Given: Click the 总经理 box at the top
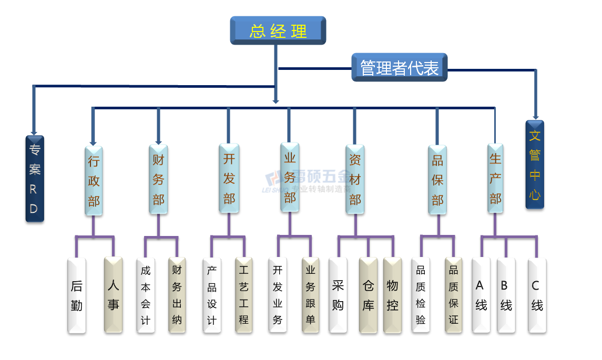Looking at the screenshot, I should coord(278,30).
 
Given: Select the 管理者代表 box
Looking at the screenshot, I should coord(399,67).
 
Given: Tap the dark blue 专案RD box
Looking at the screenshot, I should coord(35,179).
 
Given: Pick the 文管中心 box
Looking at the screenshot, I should coord(535,164).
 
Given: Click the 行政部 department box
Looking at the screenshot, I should coord(94,180).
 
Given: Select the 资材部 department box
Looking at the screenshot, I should coord(355,179).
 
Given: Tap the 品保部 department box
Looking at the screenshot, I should coord(437,179).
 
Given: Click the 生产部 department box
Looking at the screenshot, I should coord(495,178).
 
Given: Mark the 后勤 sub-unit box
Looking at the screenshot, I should coord(77,295).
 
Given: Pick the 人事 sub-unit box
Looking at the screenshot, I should coord(113,295).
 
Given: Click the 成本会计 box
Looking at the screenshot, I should coord(146,295).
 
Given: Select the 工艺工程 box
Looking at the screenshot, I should coord(243,295).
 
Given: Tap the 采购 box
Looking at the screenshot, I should coord(338,295).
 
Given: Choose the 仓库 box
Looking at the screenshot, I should coord(368,295).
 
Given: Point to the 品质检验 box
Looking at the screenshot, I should coord(421,295).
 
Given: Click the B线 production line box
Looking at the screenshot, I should coord(506,295).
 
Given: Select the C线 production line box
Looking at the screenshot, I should coord(537,295).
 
